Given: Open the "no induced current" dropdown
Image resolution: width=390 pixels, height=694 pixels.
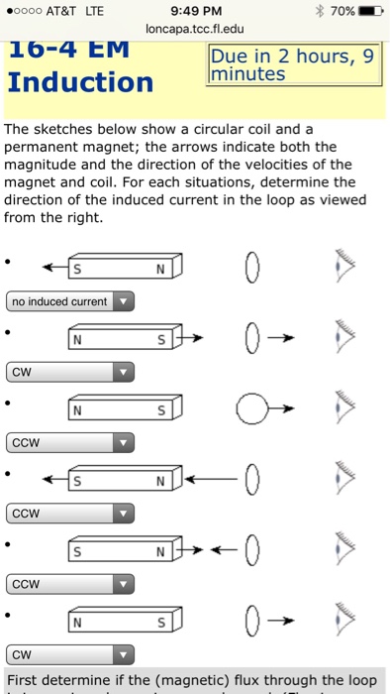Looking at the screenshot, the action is (69, 301).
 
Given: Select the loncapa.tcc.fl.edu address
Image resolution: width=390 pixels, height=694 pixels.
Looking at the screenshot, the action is (193, 30).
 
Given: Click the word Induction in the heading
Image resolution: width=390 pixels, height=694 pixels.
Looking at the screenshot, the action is (80, 81).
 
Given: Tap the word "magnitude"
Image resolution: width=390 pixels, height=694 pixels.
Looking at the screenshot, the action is (43, 165).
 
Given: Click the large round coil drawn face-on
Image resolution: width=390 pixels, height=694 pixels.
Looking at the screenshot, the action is (252, 408).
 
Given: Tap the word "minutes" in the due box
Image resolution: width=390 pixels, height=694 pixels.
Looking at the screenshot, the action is (246, 74).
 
